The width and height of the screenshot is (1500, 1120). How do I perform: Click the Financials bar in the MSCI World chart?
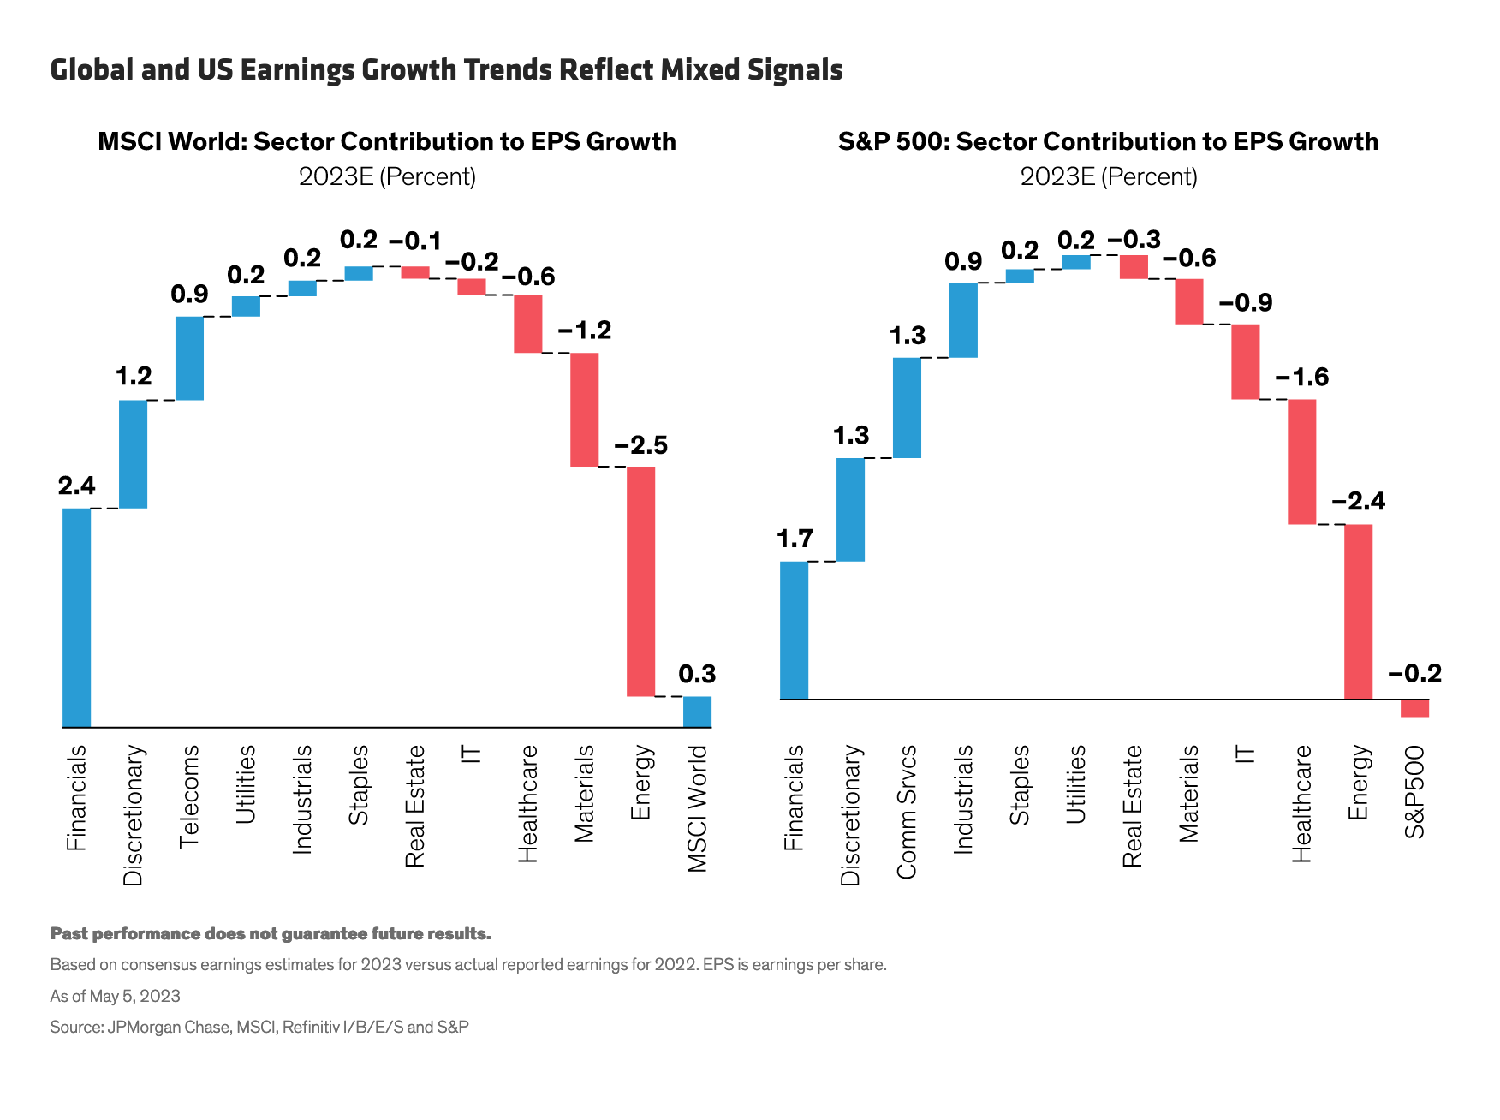click(x=76, y=617)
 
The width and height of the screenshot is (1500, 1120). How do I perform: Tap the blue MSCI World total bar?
click(x=697, y=712)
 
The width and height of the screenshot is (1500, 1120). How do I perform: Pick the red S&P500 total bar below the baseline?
click(x=1414, y=708)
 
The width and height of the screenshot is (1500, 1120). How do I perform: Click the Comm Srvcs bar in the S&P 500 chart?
click(x=907, y=408)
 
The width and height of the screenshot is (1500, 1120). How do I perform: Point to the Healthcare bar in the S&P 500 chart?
click(x=1301, y=462)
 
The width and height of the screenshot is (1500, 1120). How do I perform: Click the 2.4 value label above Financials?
click(x=76, y=486)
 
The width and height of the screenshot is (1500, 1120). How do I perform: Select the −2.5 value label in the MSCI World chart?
click(x=640, y=445)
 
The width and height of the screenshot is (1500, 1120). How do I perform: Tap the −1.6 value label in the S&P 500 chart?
click(x=1301, y=378)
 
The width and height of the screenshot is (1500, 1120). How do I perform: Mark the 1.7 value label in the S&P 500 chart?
click(x=794, y=539)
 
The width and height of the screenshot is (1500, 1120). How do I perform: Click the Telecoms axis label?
click(x=189, y=796)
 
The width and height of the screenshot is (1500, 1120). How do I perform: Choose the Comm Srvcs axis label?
click(x=907, y=812)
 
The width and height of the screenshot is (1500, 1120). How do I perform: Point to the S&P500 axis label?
click(x=1414, y=792)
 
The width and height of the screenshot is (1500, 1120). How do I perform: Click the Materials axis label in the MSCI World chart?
click(x=584, y=794)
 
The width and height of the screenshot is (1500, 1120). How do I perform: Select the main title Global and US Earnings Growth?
click(x=446, y=69)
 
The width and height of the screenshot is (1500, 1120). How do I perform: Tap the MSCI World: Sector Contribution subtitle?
click(x=387, y=141)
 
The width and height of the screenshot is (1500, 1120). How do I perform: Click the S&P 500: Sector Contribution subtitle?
click(x=1108, y=141)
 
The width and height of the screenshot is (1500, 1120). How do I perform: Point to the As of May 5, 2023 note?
click(x=115, y=996)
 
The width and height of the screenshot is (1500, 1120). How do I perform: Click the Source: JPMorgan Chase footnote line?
click(x=259, y=1027)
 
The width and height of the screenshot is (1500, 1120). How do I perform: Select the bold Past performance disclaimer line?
click(x=271, y=933)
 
